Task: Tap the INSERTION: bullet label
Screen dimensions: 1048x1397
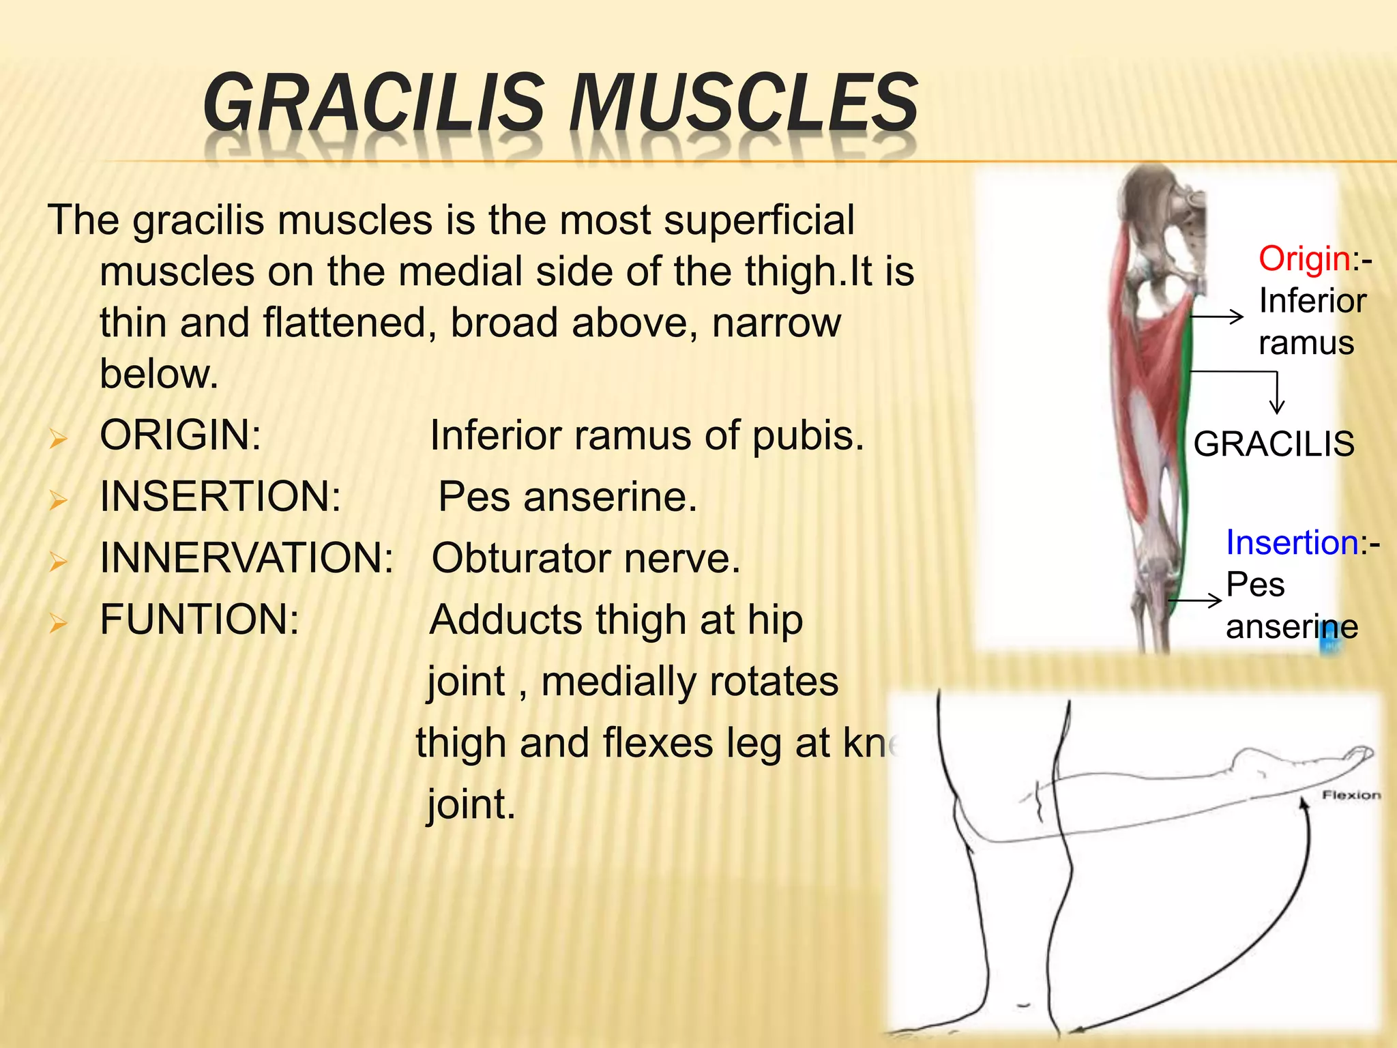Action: click(x=220, y=497)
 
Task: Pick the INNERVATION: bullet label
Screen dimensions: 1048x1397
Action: click(x=246, y=558)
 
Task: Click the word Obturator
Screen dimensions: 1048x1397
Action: click(x=521, y=558)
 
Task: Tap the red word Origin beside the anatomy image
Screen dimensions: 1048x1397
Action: click(x=1304, y=259)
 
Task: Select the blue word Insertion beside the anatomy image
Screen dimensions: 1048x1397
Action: click(x=1292, y=543)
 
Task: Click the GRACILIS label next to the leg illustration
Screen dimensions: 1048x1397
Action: click(x=1274, y=444)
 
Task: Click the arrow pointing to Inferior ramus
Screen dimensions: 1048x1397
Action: click(x=1217, y=317)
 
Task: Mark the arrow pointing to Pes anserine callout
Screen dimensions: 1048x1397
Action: click(x=1195, y=601)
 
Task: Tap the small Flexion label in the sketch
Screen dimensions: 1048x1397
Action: click(x=1351, y=795)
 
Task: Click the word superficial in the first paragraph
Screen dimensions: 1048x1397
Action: click(x=759, y=221)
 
